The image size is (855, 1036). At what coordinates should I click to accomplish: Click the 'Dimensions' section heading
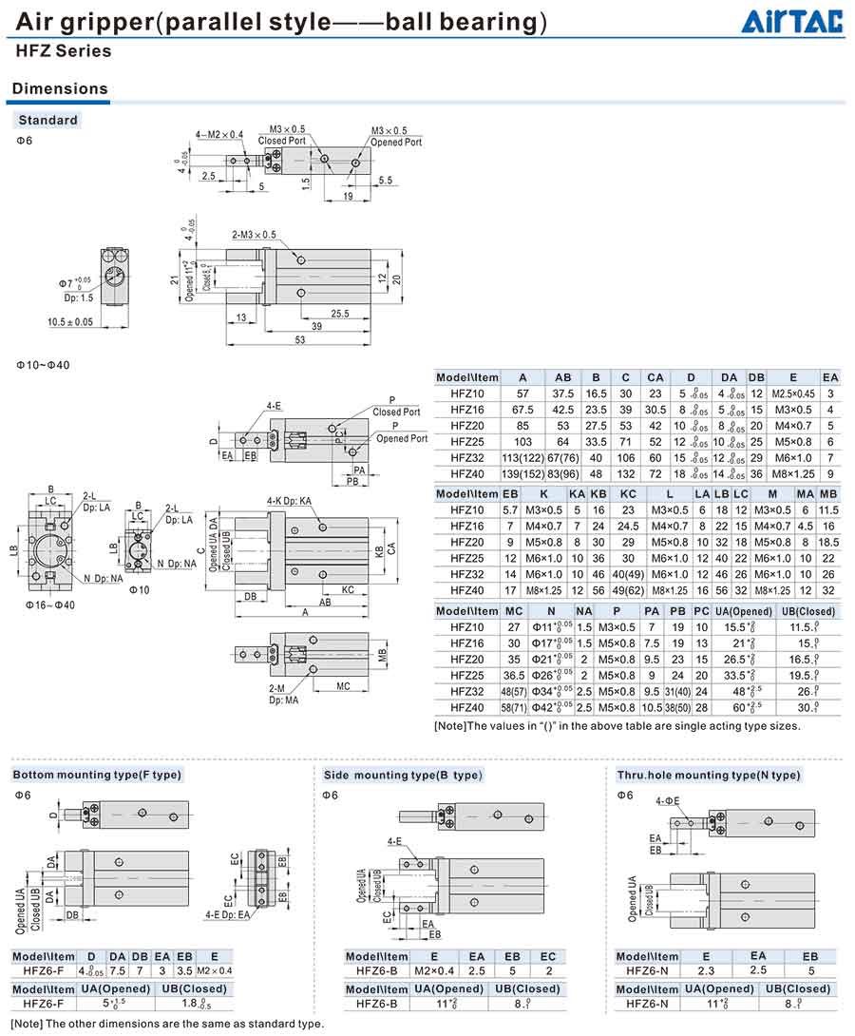tap(59, 88)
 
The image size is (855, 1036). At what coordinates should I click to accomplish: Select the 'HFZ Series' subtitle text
tap(63, 51)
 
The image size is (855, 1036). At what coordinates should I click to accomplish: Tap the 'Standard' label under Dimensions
tap(47, 120)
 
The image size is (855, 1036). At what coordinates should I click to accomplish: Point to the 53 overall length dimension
tap(300, 340)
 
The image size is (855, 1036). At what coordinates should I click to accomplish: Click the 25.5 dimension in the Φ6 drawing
tap(339, 315)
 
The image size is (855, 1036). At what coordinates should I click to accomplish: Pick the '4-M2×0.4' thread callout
tap(219, 134)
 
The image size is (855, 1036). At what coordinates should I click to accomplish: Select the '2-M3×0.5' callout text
tap(254, 234)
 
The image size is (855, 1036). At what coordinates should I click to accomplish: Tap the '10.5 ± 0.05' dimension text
tap(70, 322)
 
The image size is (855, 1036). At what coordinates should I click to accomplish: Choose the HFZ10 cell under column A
tap(522, 393)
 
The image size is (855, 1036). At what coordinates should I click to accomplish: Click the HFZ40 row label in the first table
tap(466, 473)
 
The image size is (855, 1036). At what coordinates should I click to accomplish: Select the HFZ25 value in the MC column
tap(514, 675)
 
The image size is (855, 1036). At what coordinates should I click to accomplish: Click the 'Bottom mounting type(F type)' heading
tap(97, 775)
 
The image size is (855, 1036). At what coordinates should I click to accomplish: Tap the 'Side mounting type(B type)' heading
tap(403, 775)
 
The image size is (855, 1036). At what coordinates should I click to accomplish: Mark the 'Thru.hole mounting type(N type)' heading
tap(709, 775)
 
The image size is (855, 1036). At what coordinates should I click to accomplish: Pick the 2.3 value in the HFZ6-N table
tap(706, 970)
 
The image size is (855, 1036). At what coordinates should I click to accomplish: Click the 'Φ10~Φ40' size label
tap(44, 365)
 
